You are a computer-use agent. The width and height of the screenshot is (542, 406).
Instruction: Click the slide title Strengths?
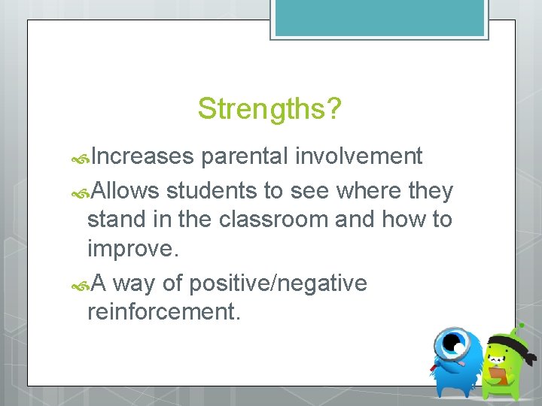[x=269, y=110]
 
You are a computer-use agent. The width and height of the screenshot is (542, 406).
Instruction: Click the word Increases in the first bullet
[x=144, y=156]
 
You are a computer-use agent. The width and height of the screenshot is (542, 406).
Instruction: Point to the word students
[x=212, y=191]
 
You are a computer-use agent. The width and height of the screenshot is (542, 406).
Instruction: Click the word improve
[x=125, y=249]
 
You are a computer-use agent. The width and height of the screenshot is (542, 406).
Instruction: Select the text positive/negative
[x=278, y=283]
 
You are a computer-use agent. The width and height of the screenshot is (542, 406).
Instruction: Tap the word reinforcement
[x=163, y=311]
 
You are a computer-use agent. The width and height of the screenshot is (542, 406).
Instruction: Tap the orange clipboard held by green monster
[x=498, y=374]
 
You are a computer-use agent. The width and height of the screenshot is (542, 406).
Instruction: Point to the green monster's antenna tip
[x=520, y=327]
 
